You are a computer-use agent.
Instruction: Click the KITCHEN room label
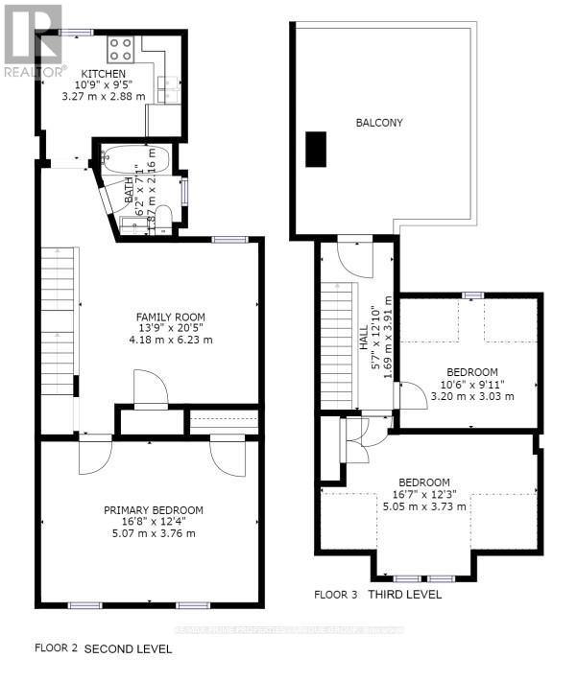click(x=103, y=74)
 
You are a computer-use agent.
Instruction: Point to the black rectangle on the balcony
click(x=316, y=147)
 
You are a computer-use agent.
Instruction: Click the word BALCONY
click(x=378, y=123)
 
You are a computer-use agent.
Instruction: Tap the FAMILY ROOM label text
click(x=170, y=317)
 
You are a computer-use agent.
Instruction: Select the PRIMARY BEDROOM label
click(x=154, y=510)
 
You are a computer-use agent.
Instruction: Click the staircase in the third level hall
click(x=338, y=344)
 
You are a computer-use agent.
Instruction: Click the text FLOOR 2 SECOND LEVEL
click(x=103, y=649)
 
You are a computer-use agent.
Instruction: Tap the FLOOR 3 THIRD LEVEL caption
click(x=378, y=595)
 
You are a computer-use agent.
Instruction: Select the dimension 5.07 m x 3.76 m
click(x=154, y=533)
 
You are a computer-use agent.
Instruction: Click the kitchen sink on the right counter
click(x=170, y=89)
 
